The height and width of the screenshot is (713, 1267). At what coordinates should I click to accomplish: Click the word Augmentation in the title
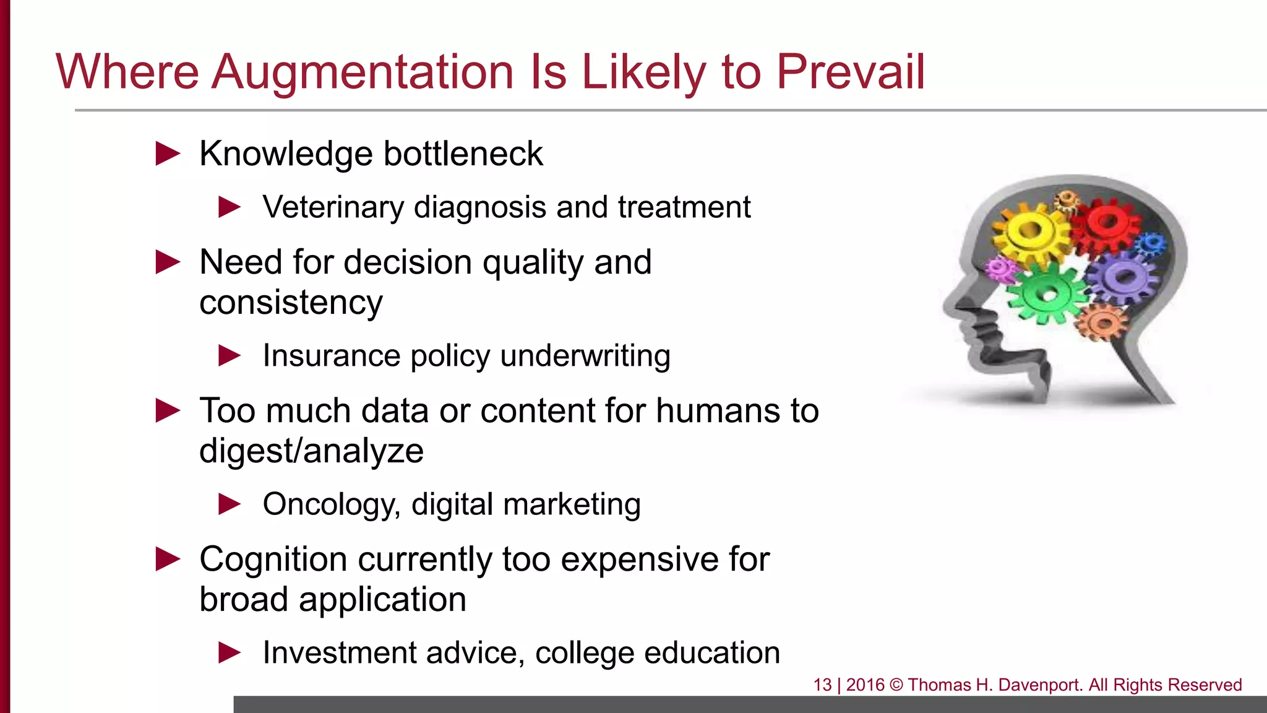(x=363, y=72)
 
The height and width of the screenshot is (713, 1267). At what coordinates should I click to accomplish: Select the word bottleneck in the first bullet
(x=463, y=153)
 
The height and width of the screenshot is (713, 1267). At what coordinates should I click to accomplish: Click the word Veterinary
(x=333, y=207)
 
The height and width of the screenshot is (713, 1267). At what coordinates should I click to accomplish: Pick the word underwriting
(x=585, y=356)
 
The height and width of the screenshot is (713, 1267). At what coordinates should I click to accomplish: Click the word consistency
(x=291, y=303)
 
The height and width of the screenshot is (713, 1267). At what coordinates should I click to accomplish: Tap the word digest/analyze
(x=311, y=451)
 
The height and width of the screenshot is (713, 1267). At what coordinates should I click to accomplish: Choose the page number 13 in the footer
(x=822, y=685)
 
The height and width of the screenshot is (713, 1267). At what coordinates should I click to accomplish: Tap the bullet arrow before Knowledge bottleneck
(x=168, y=153)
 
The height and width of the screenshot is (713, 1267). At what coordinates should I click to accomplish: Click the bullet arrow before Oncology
(x=230, y=504)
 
